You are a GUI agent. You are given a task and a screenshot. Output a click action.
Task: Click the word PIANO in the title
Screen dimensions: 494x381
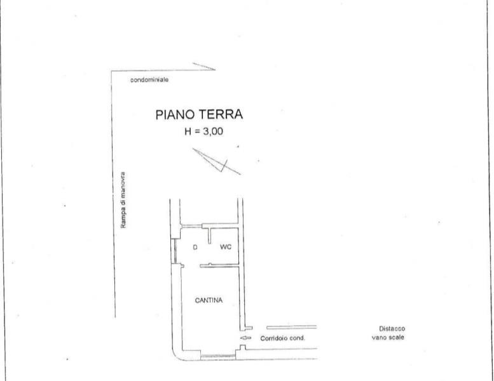[175, 114]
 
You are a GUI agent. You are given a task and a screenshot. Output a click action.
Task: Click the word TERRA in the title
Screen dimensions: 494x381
[220, 114]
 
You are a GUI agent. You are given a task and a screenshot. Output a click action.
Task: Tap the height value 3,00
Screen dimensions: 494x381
[213, 131]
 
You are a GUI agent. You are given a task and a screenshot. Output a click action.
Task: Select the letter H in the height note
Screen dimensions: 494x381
[188, 131]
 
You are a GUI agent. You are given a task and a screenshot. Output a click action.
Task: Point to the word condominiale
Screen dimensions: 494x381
[149, 80]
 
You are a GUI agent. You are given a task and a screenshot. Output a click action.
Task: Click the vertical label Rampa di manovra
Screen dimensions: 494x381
[123, 200]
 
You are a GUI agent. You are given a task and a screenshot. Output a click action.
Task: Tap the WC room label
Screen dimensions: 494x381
[226, 247]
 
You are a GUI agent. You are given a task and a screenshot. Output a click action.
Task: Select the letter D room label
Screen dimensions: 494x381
[195, 247]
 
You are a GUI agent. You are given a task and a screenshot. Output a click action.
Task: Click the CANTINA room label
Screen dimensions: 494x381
[209, 300]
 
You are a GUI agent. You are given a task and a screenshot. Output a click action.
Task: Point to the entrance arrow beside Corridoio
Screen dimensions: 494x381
[246, 338]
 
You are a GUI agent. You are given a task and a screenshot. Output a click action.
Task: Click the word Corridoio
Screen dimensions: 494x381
[274, 338]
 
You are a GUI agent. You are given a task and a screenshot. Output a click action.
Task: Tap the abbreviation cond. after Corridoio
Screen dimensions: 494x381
[297, 338]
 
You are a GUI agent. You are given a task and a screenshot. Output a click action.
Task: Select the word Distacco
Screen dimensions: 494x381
[392, 328]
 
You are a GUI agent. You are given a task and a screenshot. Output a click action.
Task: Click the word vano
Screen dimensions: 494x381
[378, 338]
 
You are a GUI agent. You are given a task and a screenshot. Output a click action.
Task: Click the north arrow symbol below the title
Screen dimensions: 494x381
[216, 161]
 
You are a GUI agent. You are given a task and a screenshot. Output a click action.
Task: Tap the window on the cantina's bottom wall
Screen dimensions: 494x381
[218, 356]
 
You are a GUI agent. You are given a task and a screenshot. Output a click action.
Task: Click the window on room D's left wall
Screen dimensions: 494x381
[175, 251]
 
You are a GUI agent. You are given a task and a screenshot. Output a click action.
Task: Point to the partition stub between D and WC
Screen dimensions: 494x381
[210, 236]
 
